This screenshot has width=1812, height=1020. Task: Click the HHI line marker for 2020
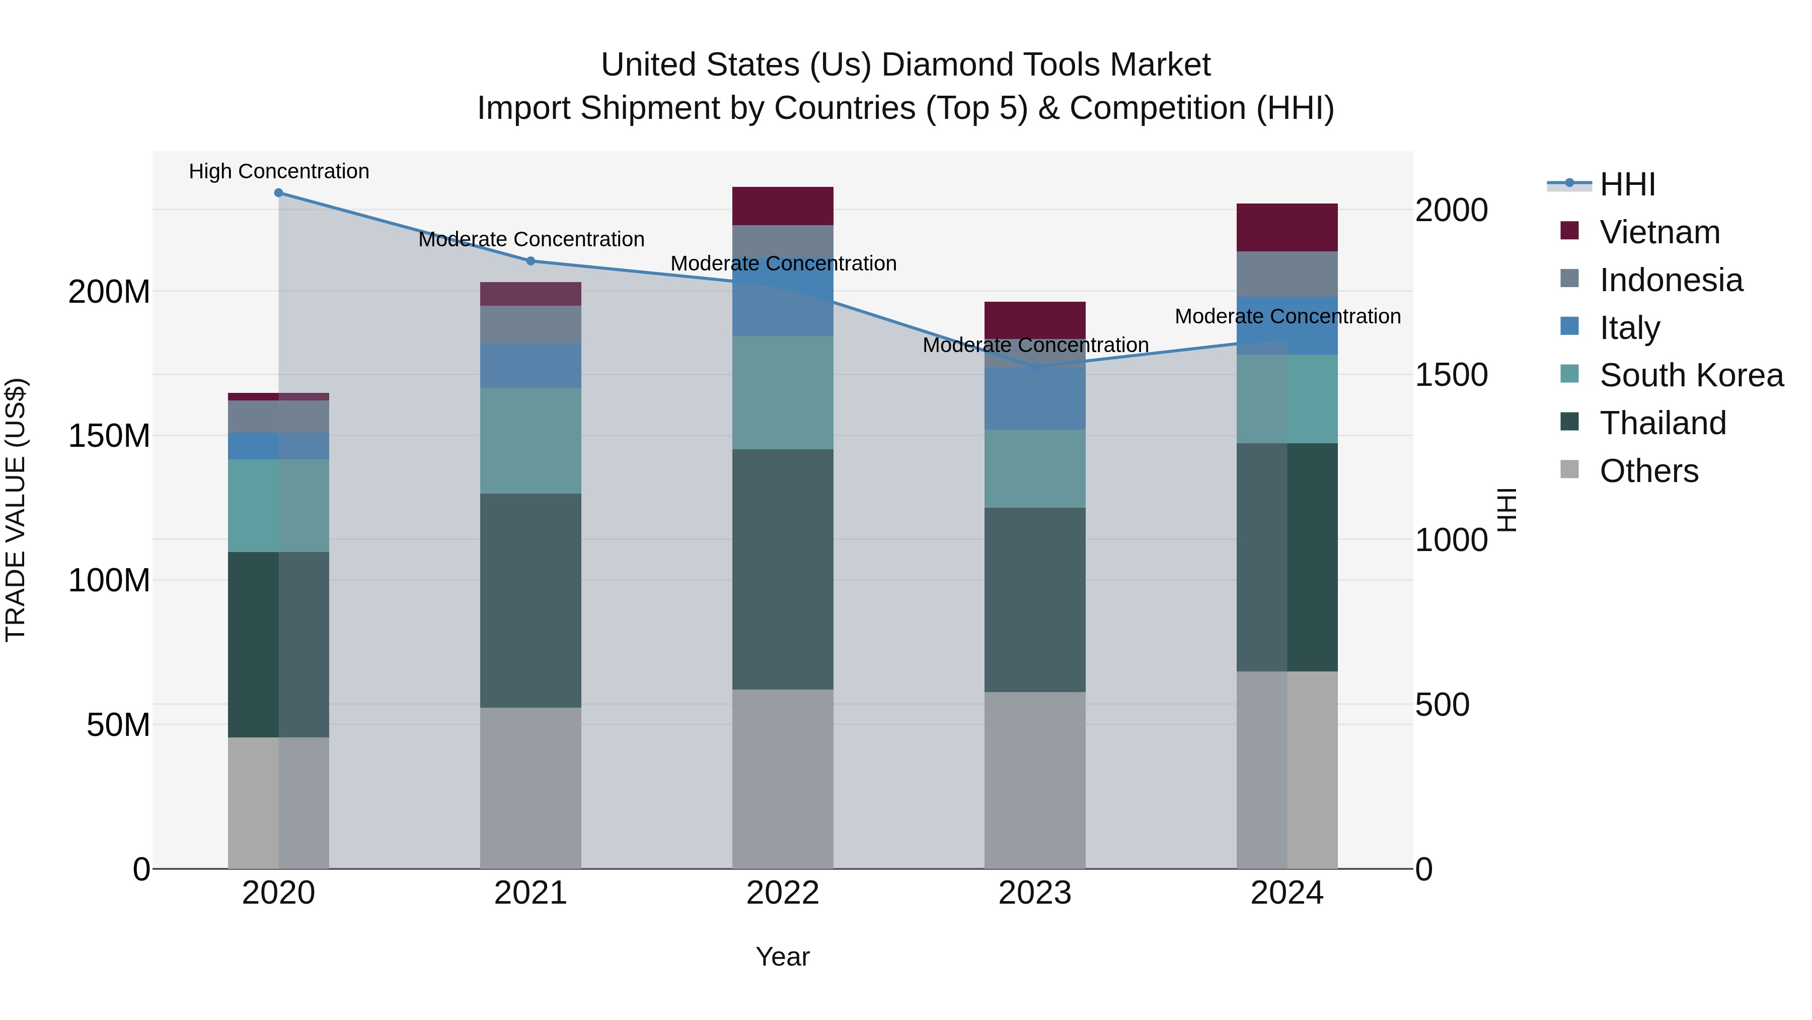click(x=278, y=192)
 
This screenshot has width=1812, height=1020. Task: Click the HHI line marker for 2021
click(x=531, y=260)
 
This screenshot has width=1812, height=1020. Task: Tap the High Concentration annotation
click(x=278, y=171)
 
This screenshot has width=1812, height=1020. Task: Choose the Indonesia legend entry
click(x=1671, y=280)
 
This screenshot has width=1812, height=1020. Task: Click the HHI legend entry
click(x=1626, y=184)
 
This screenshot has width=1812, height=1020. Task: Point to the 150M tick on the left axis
click(x=109, y=436)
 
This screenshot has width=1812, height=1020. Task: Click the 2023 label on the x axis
click(x=1035, y=893)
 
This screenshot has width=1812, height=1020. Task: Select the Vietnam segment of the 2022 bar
click(x=783, y=206)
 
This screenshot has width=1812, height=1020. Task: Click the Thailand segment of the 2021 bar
click(x=531, y=600)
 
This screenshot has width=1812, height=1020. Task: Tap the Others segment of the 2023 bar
click(x=1035, y=780)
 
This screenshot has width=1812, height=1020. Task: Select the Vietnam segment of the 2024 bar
click(x=1287, y=227)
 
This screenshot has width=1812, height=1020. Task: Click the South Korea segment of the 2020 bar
click(x=278, y=505)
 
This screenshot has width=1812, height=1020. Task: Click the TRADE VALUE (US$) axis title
click(x=16, y=510)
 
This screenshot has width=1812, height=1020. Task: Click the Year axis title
click(x=782, y=957)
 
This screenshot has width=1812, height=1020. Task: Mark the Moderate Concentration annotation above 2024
click(x=1287, y=316)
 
